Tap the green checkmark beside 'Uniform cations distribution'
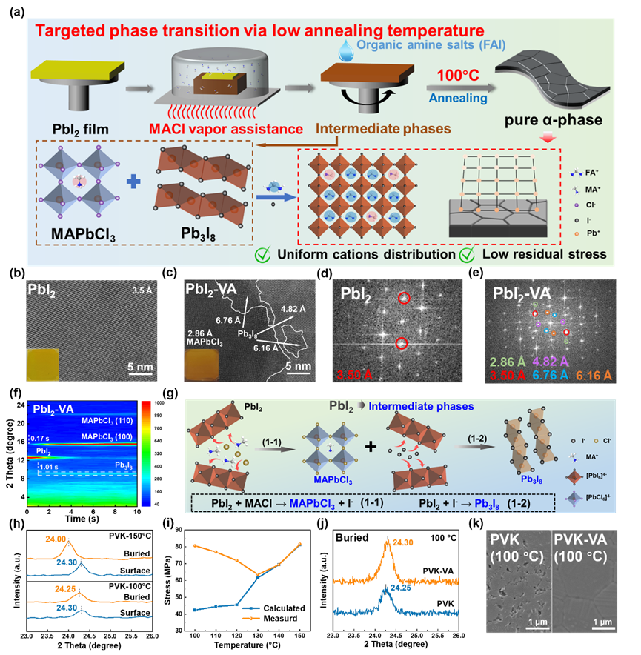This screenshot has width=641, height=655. (263, 254)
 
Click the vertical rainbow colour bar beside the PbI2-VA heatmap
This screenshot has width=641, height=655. (145, 453)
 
